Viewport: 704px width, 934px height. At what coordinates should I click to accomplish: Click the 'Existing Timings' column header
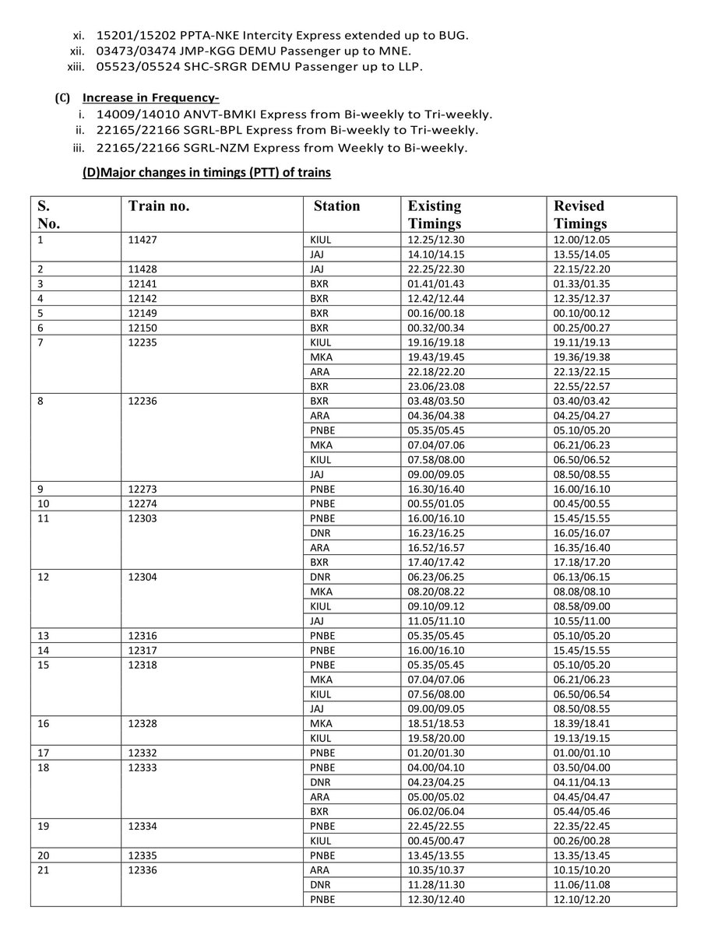click(x=435, y=214)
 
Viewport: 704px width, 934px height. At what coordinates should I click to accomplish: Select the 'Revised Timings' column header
click(x=580, y=214)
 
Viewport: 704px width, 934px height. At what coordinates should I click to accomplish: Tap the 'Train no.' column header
click(x=160, y=206)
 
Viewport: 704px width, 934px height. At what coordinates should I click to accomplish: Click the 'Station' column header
click(x=336, y=206)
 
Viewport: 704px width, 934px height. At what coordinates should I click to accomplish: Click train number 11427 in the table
click(x=139, y=240)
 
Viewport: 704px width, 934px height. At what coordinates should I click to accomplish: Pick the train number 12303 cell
click(x=139, y=518)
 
